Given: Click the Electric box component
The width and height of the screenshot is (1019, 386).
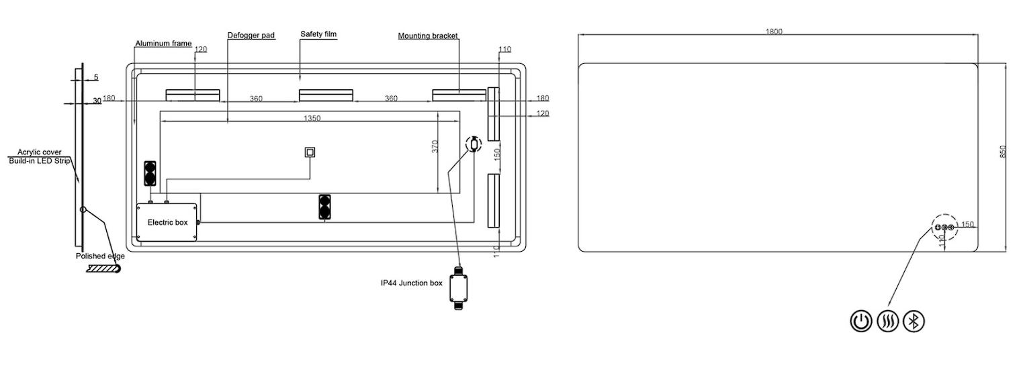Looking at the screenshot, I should click(167, 222).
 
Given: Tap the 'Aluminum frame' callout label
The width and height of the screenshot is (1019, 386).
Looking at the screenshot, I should click(163, 44).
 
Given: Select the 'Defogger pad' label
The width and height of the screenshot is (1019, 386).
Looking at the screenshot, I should click(251, 36).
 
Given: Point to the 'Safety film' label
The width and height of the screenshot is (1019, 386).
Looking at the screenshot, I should click(318, 34).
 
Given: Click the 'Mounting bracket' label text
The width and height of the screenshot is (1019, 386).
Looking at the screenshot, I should click(427, 36).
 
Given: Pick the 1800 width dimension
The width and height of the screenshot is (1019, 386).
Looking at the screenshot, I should click(774, 32).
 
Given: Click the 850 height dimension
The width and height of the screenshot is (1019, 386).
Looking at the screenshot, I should click(1002, 152).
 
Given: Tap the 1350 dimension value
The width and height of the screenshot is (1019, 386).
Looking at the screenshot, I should click(312, 118).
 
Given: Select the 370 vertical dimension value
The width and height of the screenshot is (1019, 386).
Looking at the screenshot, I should click(435, 147).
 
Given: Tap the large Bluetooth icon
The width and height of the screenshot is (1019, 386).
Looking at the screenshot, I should click(914, 322).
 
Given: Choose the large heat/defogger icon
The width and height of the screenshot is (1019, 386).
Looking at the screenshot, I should click(887, 322).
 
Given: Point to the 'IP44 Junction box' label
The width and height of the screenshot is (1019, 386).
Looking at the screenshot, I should click(411, 283).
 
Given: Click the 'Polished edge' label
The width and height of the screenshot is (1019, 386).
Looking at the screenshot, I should click(100, 256).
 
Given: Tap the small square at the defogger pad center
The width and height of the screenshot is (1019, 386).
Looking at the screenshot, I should click(310, 152).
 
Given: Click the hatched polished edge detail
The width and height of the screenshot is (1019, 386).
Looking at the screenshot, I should click(102, 269).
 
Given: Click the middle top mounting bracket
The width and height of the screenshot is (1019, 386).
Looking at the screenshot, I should click(326, 95).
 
